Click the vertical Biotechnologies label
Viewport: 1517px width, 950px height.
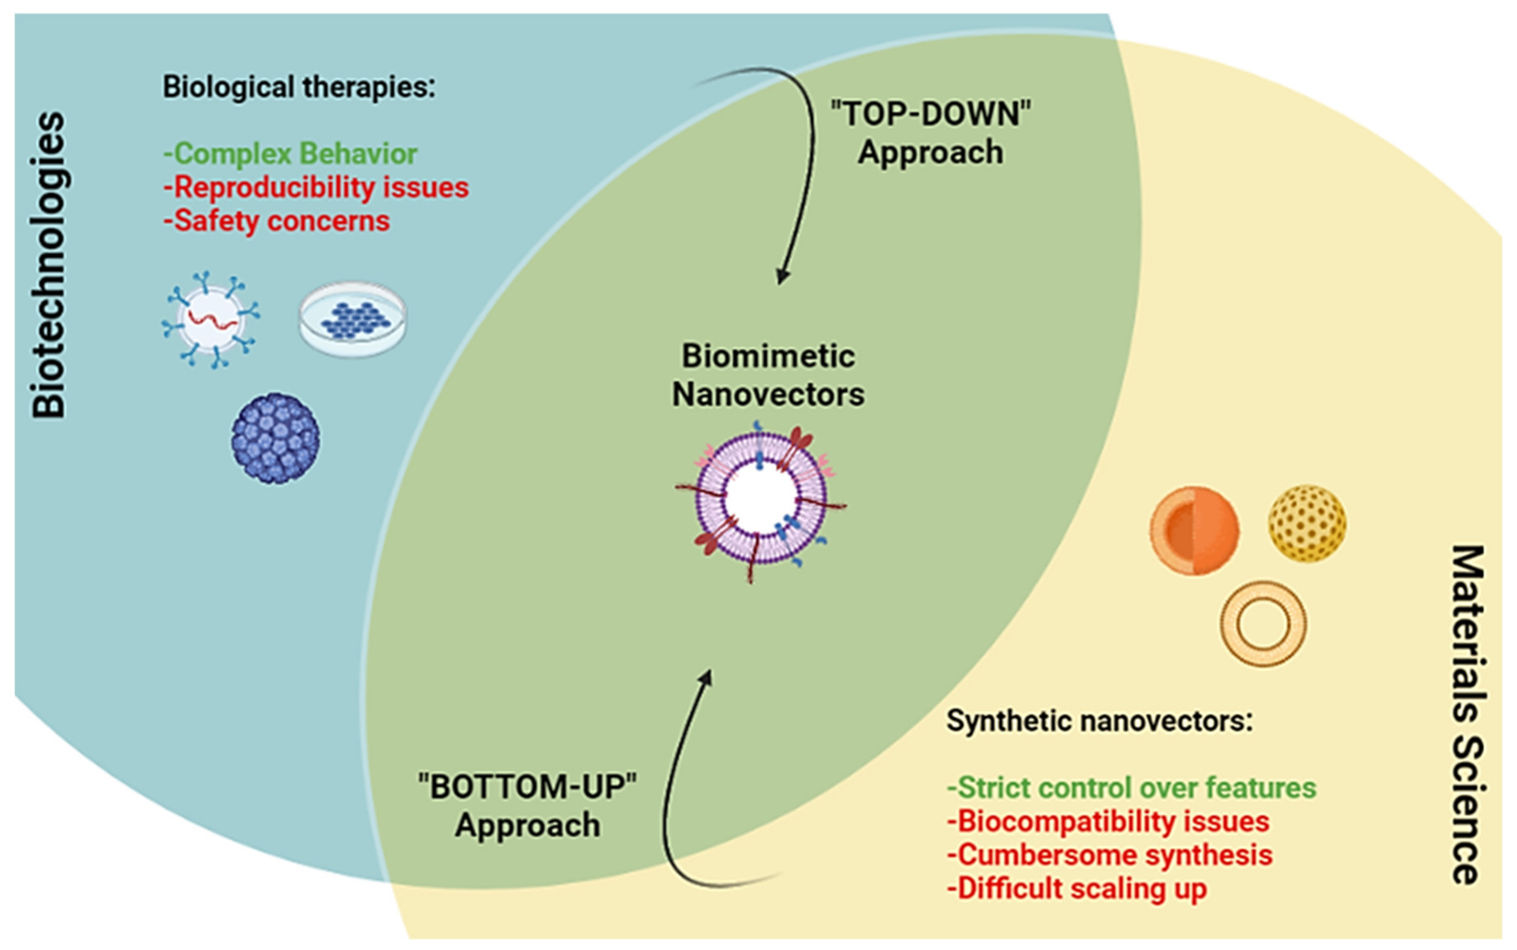(x=49, y=265)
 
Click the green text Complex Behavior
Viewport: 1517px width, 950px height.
(x=290, y=154)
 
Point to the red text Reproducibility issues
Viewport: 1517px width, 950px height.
(x=316, y=188)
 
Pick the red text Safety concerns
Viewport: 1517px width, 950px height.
(x=277, y=221)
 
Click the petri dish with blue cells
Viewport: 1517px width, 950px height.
(x=353, y=319)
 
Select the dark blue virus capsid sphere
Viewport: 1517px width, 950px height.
(x=275, y=438)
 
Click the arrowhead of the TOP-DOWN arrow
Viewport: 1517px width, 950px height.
(x=782, y=277)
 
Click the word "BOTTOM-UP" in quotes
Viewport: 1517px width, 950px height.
(x=528, y=786)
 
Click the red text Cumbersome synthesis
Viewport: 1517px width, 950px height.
(x=1109, y=855)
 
